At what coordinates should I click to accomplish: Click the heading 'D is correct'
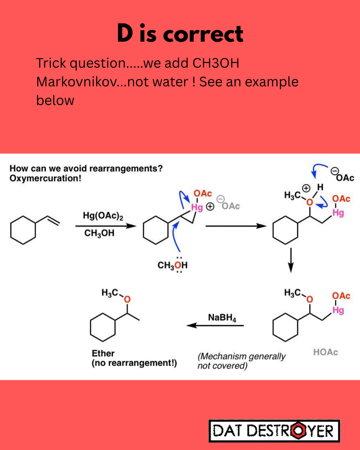[180, 33]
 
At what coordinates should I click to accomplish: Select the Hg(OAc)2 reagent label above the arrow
[103, 216]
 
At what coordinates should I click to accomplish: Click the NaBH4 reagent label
[222, 318]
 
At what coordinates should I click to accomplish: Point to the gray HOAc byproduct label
[326, 352]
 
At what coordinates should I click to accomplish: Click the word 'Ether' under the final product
[103, 353]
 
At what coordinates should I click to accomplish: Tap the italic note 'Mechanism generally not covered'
[241, 361]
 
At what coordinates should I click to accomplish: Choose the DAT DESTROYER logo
[274, 431]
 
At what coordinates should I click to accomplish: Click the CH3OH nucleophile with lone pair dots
[173, 265]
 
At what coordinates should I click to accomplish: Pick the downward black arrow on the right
[291, 260]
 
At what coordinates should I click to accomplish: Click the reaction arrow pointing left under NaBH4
[215, 326]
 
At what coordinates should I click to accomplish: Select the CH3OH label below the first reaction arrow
[99, 233]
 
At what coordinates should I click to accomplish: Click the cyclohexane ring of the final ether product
[103, 327]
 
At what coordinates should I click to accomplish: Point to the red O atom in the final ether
[127, 300]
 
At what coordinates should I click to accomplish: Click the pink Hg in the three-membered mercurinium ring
[197, 207]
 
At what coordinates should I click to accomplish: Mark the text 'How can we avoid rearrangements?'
[86, 168]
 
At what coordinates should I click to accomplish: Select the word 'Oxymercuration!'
[45, 178]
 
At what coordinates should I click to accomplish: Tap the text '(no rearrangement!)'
[134, 363]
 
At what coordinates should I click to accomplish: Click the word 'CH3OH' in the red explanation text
[216, 63]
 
